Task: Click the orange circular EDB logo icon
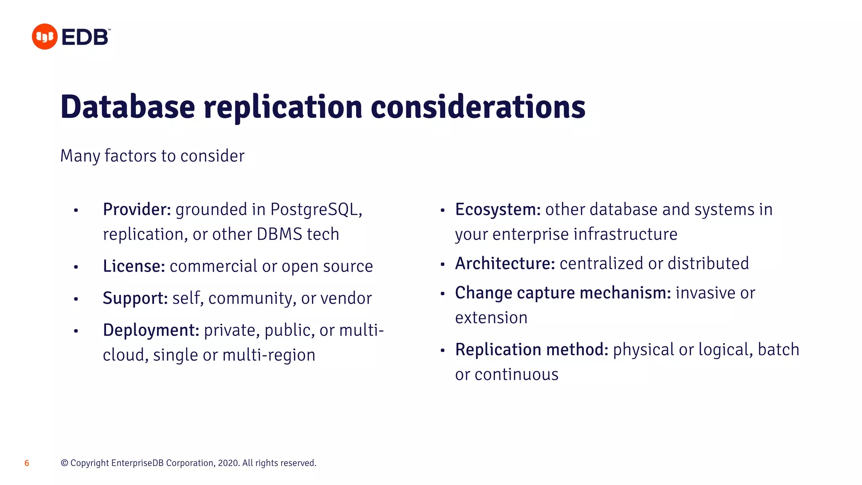click(x=45, y=37)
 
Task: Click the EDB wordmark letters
click(x=85, y=37)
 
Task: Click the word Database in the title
click(x=128, y=107)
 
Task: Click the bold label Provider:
click(x=137, y=210)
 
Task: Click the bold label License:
click(x=134, y=266)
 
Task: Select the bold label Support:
click(x=135, y=298)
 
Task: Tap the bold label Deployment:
click(x=151, y=330)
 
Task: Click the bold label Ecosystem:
click(x=498, y=210)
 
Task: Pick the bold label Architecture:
click(x=505, y=264)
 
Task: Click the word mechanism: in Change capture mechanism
click(x=625, y=293)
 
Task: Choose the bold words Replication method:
click(x=531, y=350)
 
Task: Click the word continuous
click(x=516, y=375)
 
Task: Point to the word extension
click(x=491, y=318)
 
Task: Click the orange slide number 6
click(x=27, y=463)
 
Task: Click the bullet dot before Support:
click(x=76, y=299)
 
